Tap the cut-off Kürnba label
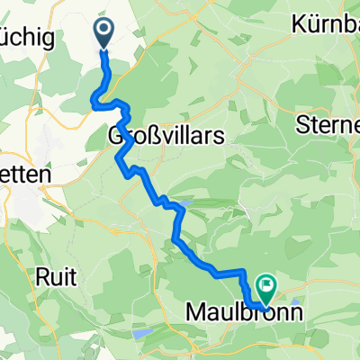coord(326,24)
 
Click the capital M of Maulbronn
coord(194,313)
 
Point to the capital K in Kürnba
coord(299,24)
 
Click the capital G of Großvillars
coord(115,136)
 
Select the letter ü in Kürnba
coord(311,24)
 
